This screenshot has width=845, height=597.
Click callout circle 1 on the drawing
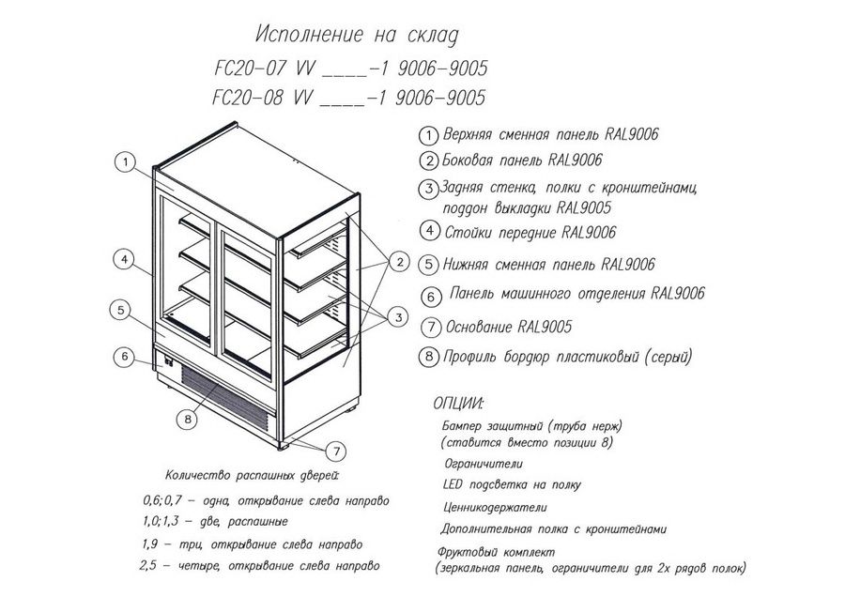coord(126,161)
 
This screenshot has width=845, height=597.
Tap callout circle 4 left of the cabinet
coord(125,260)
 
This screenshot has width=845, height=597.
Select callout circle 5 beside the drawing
coord(121,310)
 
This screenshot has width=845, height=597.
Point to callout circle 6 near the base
coord(125,357)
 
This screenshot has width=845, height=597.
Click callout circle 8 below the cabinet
coord(188,420)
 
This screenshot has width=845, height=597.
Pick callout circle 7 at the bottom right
coord(336,451)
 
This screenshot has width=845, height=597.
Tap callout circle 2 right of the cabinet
coord(400,263)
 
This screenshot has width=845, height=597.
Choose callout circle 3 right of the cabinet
coord(399,317)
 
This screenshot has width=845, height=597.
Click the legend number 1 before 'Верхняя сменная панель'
coord(428,135)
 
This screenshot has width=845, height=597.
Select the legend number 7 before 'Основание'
coord(431,327)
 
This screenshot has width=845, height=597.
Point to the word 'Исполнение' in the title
coord(309,35)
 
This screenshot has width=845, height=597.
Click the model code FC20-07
coord(250,69)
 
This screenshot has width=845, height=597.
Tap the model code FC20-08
coord(248,98)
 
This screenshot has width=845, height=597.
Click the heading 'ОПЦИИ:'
coord(458,403)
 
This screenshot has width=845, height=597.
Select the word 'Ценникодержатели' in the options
coord(495,507)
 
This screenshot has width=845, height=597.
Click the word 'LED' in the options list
coord(453,484)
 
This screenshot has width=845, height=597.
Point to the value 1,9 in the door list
coord(150,544)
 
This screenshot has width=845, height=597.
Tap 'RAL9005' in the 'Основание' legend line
coord(545,327)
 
